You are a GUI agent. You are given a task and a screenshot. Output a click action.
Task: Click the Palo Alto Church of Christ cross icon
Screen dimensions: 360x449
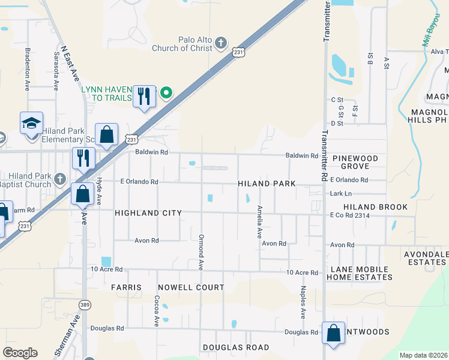[221, 43]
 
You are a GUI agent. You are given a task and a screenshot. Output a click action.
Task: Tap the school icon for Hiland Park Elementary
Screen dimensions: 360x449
[31, 124]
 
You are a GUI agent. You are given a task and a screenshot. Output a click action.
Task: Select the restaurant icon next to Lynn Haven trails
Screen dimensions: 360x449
[144, 96]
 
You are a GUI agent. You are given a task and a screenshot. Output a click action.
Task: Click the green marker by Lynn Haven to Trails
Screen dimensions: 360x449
[167, 93]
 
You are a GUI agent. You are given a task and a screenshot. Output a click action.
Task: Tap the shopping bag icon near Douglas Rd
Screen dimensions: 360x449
[333, 333]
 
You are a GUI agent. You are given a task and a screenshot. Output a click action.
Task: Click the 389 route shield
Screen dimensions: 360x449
[85, 304]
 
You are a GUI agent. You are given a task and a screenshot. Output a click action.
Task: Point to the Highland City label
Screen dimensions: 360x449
[148, 213]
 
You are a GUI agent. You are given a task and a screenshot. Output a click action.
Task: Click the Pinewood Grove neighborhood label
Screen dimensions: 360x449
[356, 161]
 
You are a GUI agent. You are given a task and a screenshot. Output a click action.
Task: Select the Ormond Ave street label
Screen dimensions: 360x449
[201, 251]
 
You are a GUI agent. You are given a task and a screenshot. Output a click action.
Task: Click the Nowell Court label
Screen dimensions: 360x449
[190, 287]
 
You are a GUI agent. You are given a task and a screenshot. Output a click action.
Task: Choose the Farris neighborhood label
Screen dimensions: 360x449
[126, 287]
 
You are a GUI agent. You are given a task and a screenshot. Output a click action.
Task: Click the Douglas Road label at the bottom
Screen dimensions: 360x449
[236, 347]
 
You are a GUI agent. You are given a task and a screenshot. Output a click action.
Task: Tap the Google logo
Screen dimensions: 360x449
[20, 353]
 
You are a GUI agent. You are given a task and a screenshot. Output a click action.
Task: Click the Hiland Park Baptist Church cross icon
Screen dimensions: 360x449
[59, 179]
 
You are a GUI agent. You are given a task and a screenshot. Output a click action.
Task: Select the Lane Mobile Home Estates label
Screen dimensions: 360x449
[360, 273]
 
